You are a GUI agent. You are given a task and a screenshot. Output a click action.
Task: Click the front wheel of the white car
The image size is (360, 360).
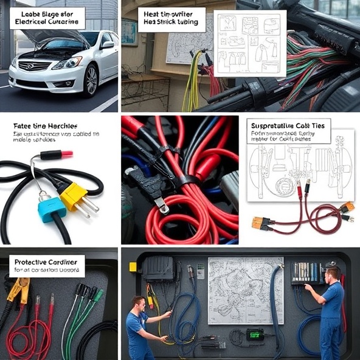tap(92, 81)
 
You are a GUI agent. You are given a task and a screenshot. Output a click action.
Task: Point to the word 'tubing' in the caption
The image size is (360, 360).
tap(192, 22)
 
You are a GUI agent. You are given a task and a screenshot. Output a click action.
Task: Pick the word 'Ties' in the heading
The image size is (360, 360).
tap(318, 125)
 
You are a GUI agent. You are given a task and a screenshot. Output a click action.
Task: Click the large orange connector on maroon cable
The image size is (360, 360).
tap(261, 223)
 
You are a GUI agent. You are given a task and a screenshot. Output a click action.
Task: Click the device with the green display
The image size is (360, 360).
tap(254, 334)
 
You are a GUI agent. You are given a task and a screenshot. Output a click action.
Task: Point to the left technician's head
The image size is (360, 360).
tap(138, 302)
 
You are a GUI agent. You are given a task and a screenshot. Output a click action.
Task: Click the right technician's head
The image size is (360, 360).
tap(331, 272)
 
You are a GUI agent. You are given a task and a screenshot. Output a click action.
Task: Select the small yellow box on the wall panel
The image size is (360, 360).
tap(133, 266)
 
